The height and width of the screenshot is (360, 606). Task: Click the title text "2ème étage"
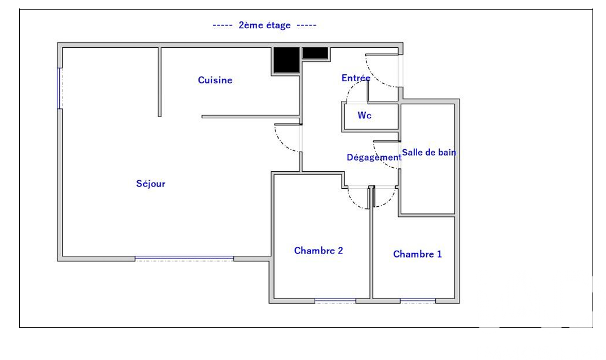click(264, 25)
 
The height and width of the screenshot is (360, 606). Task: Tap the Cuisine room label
click(215, 80)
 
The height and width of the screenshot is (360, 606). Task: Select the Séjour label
click(151, 184)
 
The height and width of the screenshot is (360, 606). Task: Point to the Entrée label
click(356, 78)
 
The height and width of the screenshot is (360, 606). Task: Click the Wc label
click(365, 115)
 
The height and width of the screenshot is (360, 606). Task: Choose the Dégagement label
click(374, 157)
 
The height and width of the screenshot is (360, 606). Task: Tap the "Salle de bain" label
click(429, 152)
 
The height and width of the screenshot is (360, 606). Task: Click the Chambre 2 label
click(319, 251)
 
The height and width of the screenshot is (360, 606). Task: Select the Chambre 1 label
click(417, 254)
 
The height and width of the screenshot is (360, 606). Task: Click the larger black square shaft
click(286, 60)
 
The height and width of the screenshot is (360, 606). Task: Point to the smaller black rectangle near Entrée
click(315, 53)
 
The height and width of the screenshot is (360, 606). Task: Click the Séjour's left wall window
click(60, 88)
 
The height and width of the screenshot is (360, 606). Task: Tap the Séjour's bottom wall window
click(184, 258)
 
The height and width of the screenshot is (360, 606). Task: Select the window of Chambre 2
click(335, 300)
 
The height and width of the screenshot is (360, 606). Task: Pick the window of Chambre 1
click(418, 300)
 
